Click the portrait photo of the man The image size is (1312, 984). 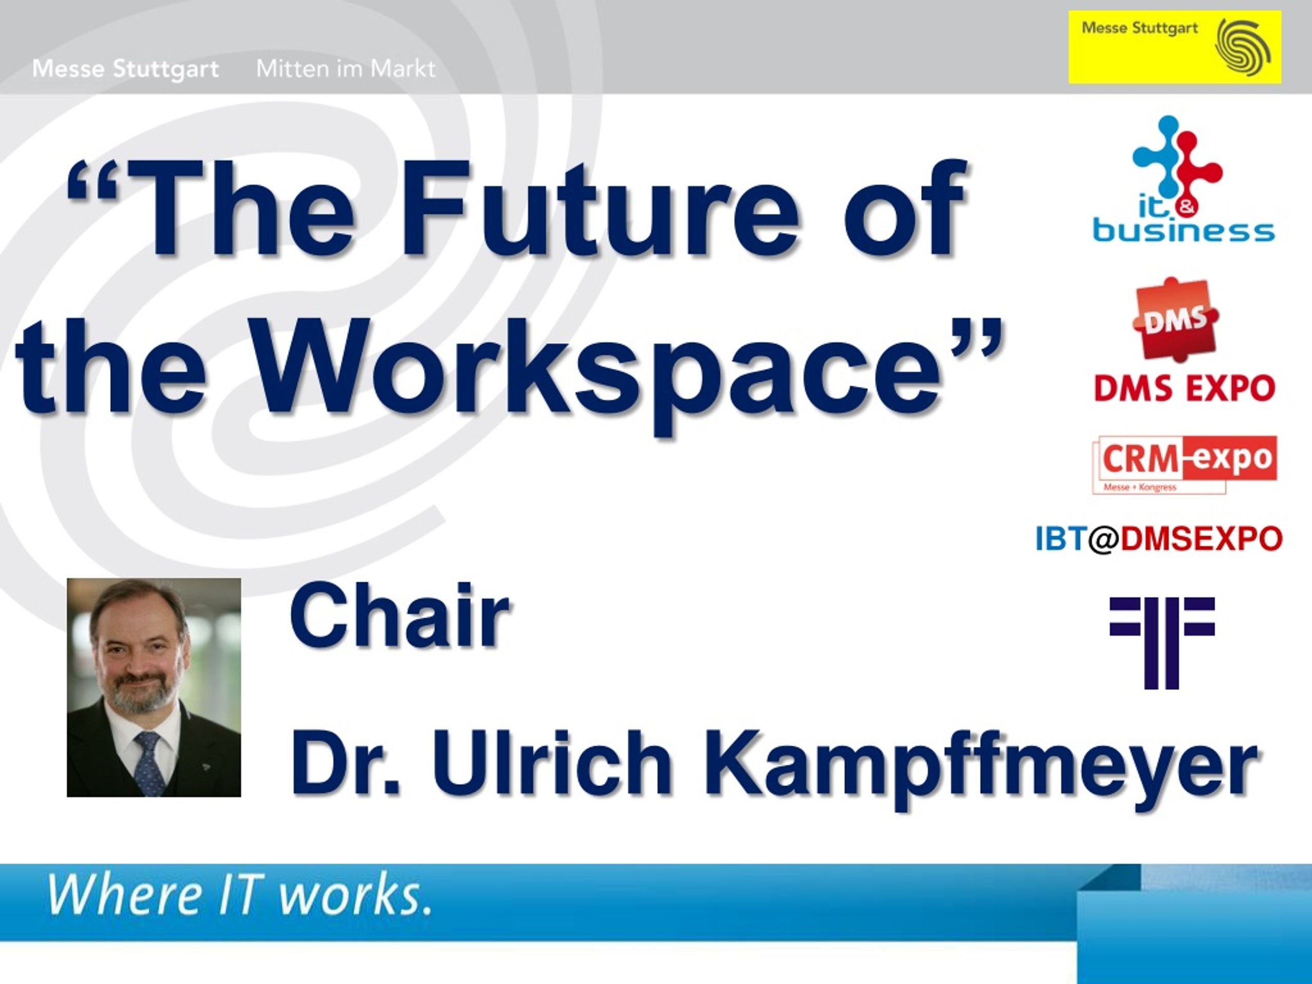coord(154,687)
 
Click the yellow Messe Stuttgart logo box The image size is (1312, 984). coord(1175,47)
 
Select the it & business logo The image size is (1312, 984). coord(1184,178)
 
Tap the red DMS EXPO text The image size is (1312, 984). coord(1184,389)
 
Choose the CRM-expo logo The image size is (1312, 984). coord(1184,464)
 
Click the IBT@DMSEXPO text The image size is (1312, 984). coord(1159,539)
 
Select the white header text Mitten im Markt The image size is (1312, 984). coord(346,69)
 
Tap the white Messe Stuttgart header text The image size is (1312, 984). coord(126,69)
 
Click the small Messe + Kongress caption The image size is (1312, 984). coord(1139,487)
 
